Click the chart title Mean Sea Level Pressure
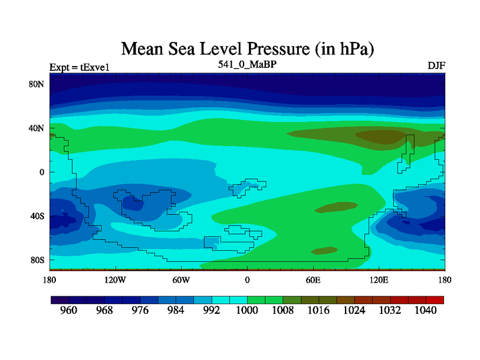(251, 47)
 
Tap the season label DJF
(436, 65)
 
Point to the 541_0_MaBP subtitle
(247, 64)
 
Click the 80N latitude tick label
(37, 84)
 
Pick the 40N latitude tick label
(37, 128)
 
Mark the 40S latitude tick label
(37, 216)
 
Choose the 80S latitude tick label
(37, 260)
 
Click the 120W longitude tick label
(115, 280)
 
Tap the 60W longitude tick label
(181, 280)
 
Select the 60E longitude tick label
(313, 280)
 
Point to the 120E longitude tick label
(379, 280)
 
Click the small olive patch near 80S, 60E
(325, 250)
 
